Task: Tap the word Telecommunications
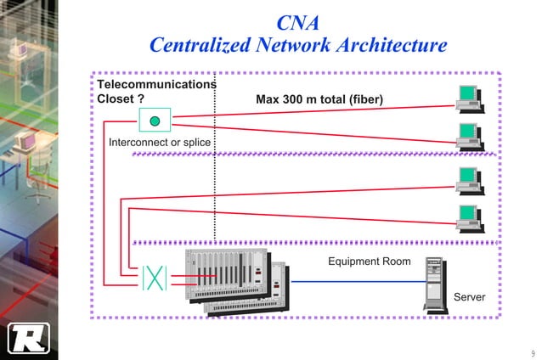pyautogui.click(x=156, y=85)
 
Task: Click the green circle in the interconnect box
pyautogui.click(x=155, y=121)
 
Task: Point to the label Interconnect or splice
pyautogui.click(x=160, y=142)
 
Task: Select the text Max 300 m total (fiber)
pyautogui.click(x=319, y=100)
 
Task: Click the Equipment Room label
pyautogui.click(x=369, y=261)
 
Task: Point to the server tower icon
pyautogui.click(x=435, y=284)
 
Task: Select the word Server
pyautogui.click(x=469, y=297)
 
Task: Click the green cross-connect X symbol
pyautogui.click(x=155, y=278)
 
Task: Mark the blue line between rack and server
pyautogui.click(x=357, y=281)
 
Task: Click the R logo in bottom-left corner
pyautogui.click(x=29, y=337)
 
